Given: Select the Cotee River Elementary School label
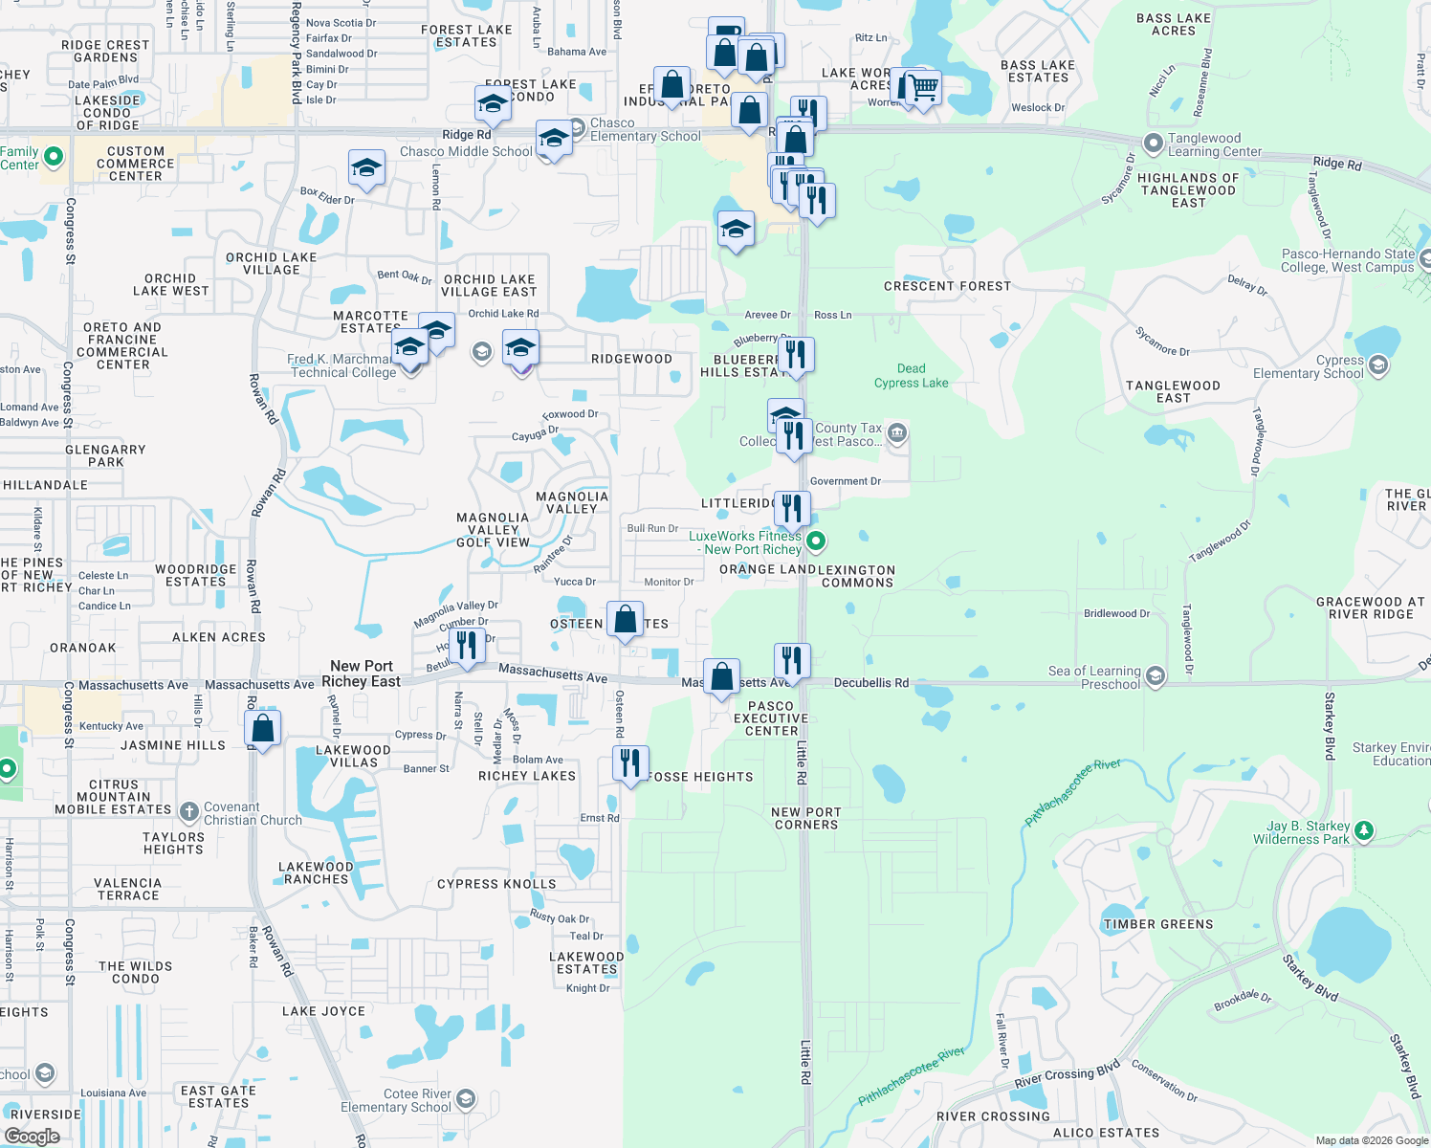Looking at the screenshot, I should [x=396, y=1100].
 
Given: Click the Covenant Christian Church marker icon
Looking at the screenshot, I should [x=188, y=812].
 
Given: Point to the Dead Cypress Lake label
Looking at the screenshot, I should [x=911, y=376].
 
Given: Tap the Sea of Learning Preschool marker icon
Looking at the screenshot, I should [x=1156, y=676].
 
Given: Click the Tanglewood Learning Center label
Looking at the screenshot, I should [x=1215, y=144].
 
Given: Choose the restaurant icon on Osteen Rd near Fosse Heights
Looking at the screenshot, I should [x=629, y=762].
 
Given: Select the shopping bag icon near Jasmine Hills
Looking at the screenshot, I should [x=262, y=728].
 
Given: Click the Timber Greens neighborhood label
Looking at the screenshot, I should [x=1157, y=924].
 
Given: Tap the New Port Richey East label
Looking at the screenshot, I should [x=362, y=673].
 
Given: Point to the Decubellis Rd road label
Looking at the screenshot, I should [x=871, y=683].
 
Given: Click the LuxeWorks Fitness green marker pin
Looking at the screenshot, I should [x=816, y=541].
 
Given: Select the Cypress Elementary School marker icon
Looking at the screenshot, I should [x=1378, y=364].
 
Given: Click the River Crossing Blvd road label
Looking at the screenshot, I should [x=1067, y=1076].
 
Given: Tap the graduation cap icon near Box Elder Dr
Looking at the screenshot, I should [x=366, y=168].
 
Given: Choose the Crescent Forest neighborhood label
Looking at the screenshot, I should [x=947, y=286].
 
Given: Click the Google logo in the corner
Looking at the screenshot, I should [x=32, y=1136].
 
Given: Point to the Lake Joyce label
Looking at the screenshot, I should [x=323, y=1011].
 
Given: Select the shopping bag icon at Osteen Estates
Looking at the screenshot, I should [x=625, y=619].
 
